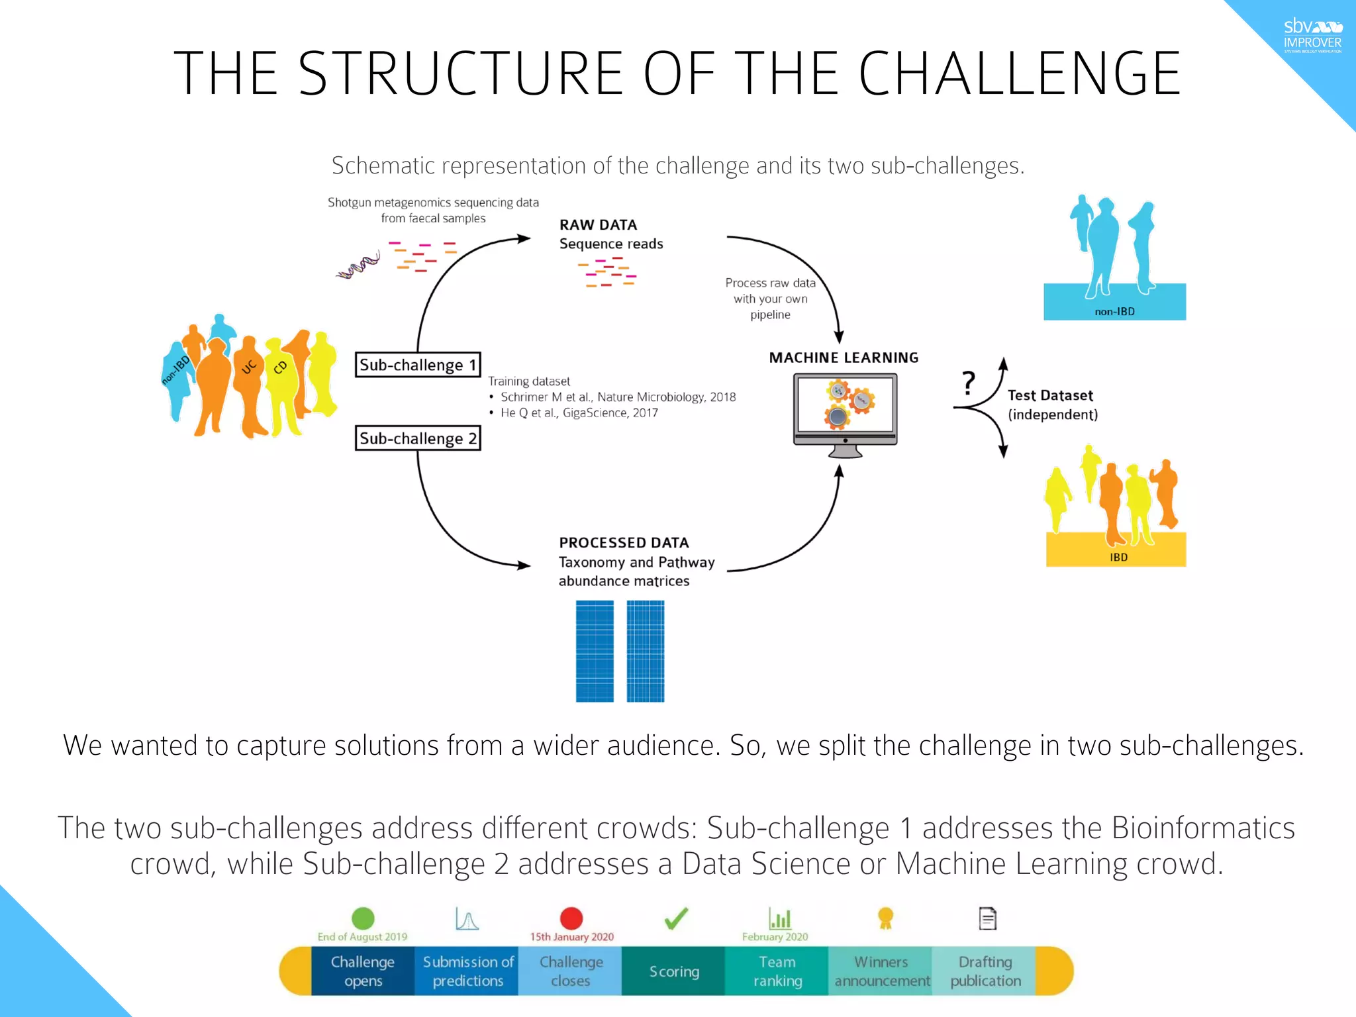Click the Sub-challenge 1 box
(418, 365)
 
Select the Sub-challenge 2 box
(418, 438)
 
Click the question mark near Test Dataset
(969, 383)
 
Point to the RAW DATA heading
(598, 225)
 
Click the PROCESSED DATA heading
(624, 543)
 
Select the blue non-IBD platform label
(1114, 311)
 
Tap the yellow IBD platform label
(1118, 557)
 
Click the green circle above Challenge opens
(363, 918)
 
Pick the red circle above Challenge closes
(571, 918)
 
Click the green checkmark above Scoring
(676, 918)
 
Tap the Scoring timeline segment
(673, 971)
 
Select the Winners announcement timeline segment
(881, 971)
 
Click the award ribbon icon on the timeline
(885, 918)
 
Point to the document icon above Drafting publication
(987, 918)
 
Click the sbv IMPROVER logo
(1312, 36)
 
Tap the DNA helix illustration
(358, 266)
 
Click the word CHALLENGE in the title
(1020, 73)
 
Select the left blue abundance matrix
(595, 651)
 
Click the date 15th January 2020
(571, 937)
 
